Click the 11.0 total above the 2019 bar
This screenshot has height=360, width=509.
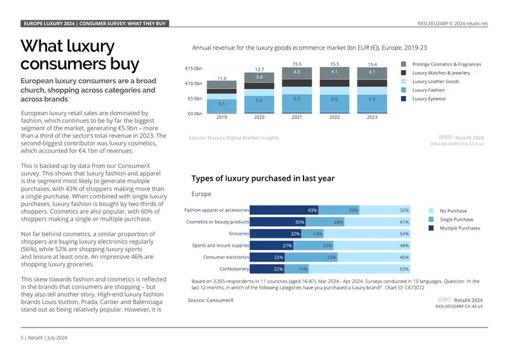point(221,79)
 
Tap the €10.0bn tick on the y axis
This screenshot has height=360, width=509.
point(194,83)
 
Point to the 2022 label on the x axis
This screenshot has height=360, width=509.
point(335,117)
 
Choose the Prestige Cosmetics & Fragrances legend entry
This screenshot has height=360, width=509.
point(441,64)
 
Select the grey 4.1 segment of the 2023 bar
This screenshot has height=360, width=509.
point(372,74)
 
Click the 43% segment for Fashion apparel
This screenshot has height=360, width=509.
point(284,210)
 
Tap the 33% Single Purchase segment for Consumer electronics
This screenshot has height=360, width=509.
point(311,258)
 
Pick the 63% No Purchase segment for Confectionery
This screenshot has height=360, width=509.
point(359,269)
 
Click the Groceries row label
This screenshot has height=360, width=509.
point(239,233)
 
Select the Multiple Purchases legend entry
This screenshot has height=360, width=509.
point(454,228)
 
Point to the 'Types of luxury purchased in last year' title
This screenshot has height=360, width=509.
point(263,178)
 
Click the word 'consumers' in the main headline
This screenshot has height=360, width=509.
point(64,64)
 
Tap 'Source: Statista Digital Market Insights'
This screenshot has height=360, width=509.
point(234,137)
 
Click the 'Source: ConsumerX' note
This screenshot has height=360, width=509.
point(211,300)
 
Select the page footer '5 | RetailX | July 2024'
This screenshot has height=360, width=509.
point(44,338)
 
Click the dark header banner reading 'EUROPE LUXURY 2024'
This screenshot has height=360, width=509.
point(95,24)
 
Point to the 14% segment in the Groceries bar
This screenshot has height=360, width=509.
point(312,233)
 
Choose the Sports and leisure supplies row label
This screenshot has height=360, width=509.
point(220,246)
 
